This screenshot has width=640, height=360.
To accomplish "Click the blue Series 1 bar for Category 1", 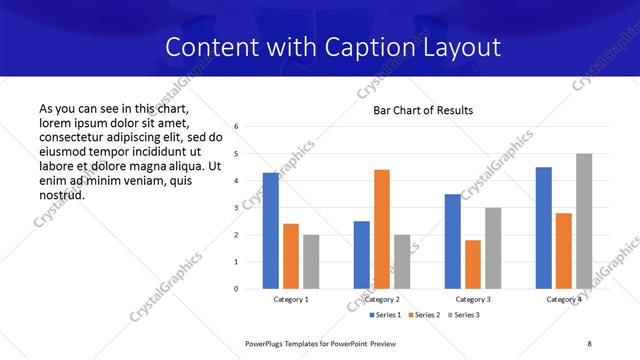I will click(x=271, y=231).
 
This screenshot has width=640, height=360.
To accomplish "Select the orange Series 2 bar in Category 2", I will click(x=382, y=229).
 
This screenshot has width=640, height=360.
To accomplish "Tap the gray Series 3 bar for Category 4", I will click(x=584, y=221).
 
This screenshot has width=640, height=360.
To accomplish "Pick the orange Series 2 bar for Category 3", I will click(x=473, y=264).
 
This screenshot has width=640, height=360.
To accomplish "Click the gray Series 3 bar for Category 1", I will click(x=311, y=262).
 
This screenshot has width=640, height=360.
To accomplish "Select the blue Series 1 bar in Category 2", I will click(x=362, y=255).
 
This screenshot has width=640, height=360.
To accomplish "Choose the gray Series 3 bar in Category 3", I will click(x=493, y=248).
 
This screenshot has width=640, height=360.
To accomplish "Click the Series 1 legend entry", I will click(x=385, y=315).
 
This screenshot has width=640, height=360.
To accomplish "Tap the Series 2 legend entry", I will click(x=425, y=315).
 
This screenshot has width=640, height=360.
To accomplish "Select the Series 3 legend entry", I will click(x=465, y=315).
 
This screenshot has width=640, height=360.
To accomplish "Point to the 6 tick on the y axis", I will click(x=237, y=127).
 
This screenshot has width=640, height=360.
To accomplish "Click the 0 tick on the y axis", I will click(x=237, y=289).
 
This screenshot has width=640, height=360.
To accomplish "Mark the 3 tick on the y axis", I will click(x=237, y=208).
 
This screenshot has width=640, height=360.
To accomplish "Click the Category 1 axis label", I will click(x=291, y=299).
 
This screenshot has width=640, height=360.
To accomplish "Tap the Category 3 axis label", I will click(x=473, y=299).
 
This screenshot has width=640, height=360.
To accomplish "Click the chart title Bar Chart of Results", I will click(x=423, y=110).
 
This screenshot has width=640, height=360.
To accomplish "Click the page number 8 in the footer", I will click(x=589, y=342).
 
